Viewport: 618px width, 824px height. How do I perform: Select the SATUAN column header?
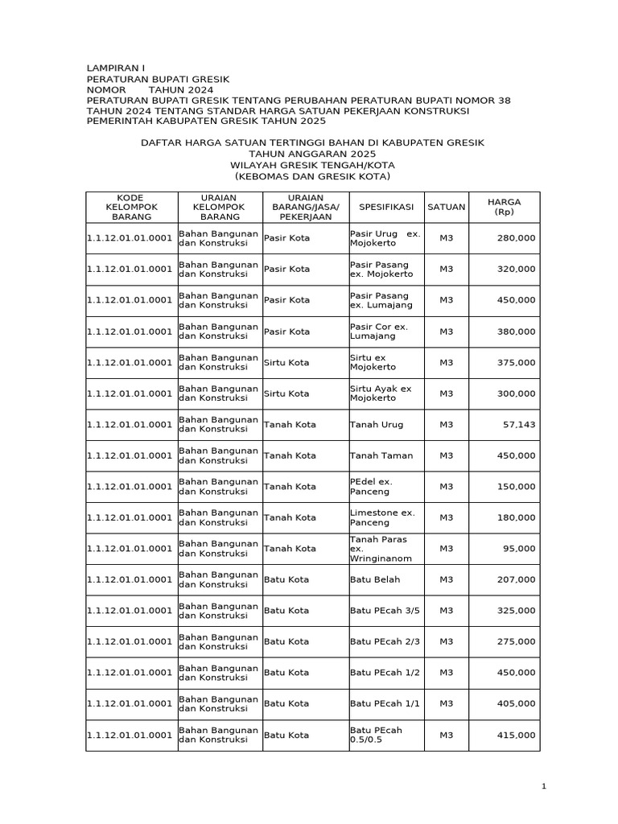[x=446, y=207]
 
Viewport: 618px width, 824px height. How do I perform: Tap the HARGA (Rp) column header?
[x=505, y=207]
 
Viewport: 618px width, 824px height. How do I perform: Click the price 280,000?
[x=516, y=238]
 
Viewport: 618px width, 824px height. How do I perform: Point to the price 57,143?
[x=519, y=424]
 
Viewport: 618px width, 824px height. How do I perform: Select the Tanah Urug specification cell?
[x=377, y=424]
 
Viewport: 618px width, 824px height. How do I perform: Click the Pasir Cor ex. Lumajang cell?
[x=379, y=332]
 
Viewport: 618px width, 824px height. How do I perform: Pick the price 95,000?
[x=519, y=548]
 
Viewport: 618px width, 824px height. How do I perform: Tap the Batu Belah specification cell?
[x=375, y=579]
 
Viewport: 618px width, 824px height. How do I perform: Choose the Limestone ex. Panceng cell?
[x=382, y=517]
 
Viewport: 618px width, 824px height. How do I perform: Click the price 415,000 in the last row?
[x=516, y=735]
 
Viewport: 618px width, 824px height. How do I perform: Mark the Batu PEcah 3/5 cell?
[x=385, y=611]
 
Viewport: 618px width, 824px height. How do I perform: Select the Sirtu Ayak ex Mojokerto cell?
[x=381, y=393]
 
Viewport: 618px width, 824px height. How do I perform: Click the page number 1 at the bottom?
[x=544, y=786]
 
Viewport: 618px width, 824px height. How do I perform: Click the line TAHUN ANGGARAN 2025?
[x=312, y=153]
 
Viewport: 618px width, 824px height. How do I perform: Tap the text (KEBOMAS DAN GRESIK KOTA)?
[x=312, y=175]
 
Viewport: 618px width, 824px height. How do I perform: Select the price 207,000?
[x=516, y=579]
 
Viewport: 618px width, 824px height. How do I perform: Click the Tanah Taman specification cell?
[x=381, y=455]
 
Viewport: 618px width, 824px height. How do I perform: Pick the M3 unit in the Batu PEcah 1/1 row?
[x=446, y=703]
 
